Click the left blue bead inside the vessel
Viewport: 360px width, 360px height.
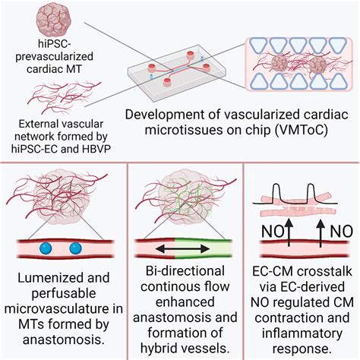(x=43, y=248)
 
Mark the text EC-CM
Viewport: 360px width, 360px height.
(x=273, y=273)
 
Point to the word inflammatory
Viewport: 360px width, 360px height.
(x=299, y=333)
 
